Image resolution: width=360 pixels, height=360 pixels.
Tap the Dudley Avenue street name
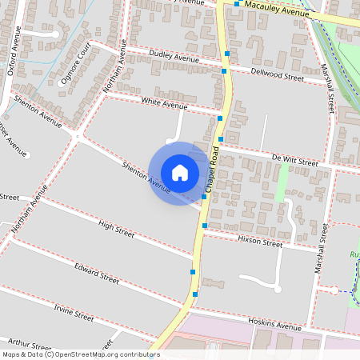(175, 58)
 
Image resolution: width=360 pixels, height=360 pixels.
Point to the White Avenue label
(163, 104)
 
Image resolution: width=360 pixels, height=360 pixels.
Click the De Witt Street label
(294, 162)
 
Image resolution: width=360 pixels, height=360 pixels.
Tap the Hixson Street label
(260, 242)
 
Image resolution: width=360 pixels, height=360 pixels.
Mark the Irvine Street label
(74, 312)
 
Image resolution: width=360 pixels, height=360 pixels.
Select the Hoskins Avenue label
(274, 326)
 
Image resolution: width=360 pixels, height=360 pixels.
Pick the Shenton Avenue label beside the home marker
(146, 177)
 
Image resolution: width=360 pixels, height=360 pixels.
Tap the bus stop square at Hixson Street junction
(205, 226)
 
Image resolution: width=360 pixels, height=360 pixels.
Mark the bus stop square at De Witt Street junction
(220, 139)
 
